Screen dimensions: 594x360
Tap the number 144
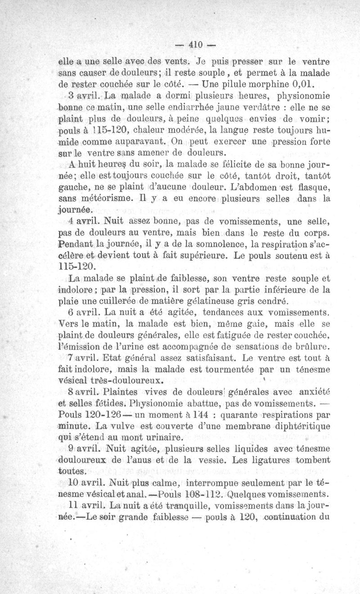(200, 414)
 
